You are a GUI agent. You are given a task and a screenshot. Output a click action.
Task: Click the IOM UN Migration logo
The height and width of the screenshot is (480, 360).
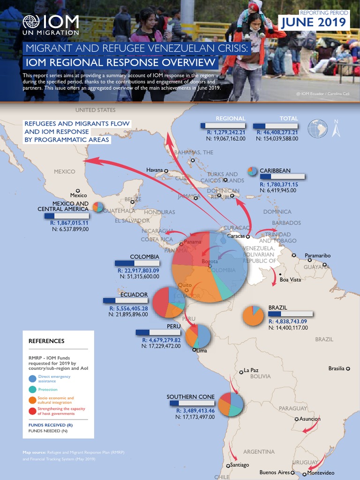(x=51, y=26)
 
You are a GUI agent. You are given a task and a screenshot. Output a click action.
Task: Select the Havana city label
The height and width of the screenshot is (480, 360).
(x=154, y=170)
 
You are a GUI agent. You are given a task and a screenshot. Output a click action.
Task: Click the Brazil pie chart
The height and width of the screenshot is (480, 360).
(x=254, y=316)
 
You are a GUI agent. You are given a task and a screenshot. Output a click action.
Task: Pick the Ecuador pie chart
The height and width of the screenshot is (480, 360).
(x=169, y=302)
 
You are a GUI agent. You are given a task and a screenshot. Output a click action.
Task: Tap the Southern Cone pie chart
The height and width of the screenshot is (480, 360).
(x=230, y=404)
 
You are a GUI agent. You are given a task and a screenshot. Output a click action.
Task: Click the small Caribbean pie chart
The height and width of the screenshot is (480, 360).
(x=252, y=171)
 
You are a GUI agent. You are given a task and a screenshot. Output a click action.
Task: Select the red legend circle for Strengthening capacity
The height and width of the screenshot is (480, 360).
(x=32, y=411)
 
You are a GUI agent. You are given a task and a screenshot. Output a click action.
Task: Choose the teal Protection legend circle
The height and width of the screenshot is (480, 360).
(x=32, y=390)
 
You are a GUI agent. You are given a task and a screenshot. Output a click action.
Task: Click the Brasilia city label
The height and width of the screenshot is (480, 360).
(x=336, y=368)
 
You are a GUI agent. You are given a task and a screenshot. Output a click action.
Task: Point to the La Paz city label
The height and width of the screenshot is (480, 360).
(x=251, y=370)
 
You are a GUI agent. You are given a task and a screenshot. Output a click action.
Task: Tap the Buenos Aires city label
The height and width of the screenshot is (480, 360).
(x=274, y=472)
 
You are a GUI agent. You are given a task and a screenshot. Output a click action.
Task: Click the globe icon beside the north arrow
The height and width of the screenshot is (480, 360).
(x=318, y=129)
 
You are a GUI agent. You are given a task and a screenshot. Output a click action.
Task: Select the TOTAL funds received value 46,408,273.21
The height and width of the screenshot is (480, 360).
(x=277, y=133)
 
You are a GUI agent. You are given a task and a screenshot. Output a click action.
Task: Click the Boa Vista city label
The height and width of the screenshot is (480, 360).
(x=290, y=280)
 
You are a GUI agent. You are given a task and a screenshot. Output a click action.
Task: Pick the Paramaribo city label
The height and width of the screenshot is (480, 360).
(x=317, y=255)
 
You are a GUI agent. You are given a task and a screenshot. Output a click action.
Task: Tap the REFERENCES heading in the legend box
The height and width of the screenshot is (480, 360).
(x=46, y=341)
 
